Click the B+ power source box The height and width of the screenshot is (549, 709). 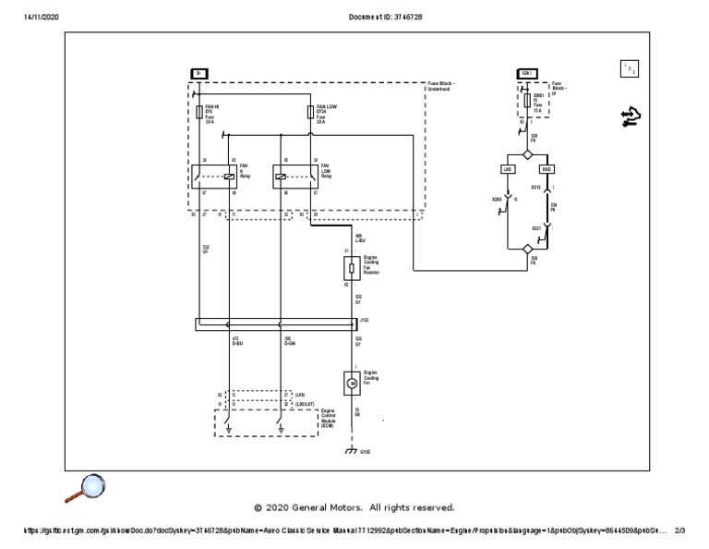click(x=198, y=72)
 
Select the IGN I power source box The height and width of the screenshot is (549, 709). click(x=527, y=72)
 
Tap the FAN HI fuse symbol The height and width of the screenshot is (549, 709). click(x=199, y=112)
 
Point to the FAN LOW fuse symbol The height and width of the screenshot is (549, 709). click(x=310, y=112)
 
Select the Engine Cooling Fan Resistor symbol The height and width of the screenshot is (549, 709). click(x=350, y=269)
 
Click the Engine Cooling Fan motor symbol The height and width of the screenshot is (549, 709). click(x=350, y=381)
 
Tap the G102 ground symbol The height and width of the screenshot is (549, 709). click(x=350, y=450)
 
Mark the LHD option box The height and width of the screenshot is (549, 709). click(x=508, y=170)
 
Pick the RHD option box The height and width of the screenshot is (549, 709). click(x=547, y=170)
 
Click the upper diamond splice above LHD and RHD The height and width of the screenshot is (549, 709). click(x=527, y=154)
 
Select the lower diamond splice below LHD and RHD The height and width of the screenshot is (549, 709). click(x=527, y=249)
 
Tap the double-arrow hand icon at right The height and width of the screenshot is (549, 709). click(x=632, y=116)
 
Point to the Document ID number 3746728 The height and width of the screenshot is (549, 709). click(x=407, y=17)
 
